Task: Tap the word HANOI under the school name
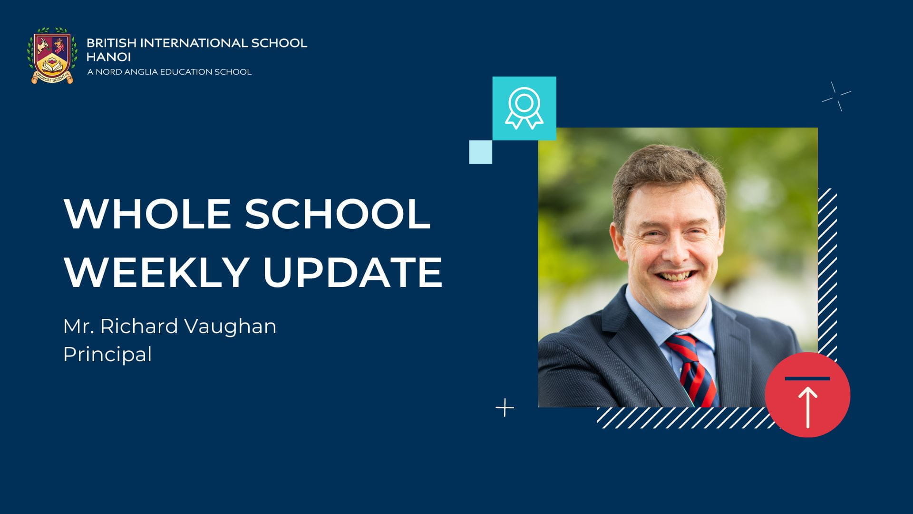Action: [x=108, y=57]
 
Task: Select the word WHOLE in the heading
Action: [x=147, y=214]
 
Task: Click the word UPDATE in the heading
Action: [x=352, y=272]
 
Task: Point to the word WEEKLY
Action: [x=156, y=272]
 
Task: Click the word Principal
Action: [x=107, y=354]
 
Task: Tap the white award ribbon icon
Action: [x=524, y=108]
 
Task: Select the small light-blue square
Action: [x=480, y=152]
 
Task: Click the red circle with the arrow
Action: [x=807, y=395]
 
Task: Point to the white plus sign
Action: [x=505, y=408]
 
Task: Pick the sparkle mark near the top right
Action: [x=836, y=97]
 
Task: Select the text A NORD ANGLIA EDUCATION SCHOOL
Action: [x=169, y=72]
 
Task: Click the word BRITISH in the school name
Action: [x=111, y=43]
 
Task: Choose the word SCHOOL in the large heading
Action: [x=338, y=214]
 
